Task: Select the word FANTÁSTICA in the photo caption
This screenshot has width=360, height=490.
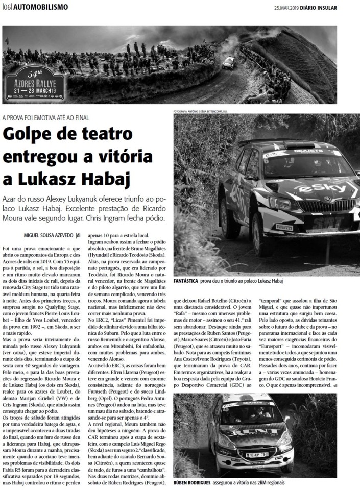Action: click(190, 281)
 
